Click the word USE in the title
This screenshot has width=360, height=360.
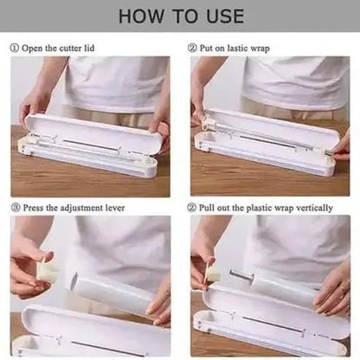(225, 16)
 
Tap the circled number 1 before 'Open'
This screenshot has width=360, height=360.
(15, 48)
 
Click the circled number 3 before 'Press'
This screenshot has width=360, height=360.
(16, 208)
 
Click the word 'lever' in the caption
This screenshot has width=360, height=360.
(115, 208)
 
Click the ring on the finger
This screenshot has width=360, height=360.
(343, 290)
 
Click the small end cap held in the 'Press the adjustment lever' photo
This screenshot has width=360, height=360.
(46, 271)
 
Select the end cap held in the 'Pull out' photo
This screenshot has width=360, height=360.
(213, 273)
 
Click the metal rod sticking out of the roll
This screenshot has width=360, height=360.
(241, 275)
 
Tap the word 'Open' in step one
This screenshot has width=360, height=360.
(32, 48)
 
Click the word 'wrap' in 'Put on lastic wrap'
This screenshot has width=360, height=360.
(260, 48)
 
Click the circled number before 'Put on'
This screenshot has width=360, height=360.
(192, 48)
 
